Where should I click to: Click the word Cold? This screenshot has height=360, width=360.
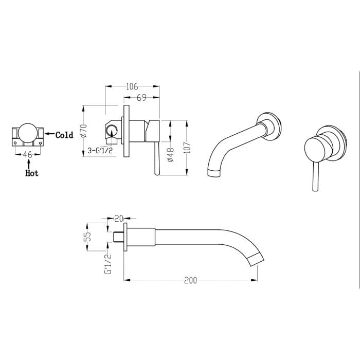(64, 135)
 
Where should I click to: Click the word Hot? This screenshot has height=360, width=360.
(32, 173)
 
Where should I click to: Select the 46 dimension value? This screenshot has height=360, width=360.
(28, 154)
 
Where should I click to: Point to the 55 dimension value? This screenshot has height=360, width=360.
(88, 237)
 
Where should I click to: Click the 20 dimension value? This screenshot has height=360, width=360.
(118, 218)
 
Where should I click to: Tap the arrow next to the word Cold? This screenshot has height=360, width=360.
(49, 135)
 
